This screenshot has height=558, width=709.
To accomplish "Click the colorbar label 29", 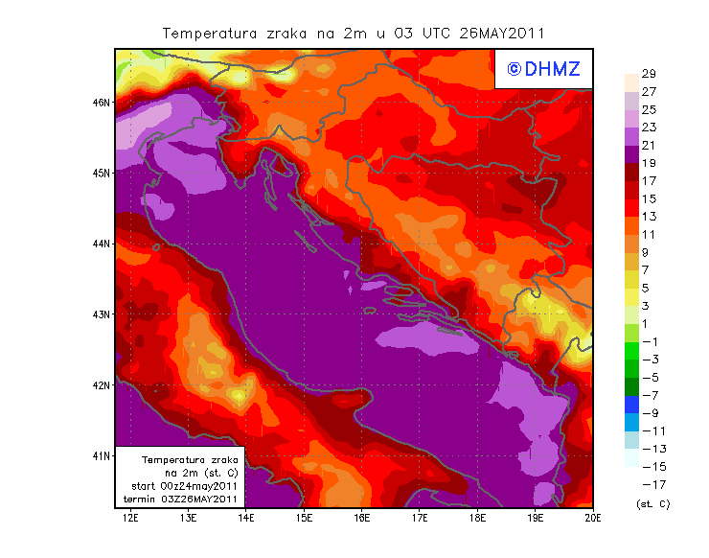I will coord(649,74).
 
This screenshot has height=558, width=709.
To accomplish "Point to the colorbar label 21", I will coord(649,146).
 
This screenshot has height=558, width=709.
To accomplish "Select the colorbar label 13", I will coord(649,217).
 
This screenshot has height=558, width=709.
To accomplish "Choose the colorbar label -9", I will coord(649,413).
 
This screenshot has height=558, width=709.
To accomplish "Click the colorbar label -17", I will coord(649,484).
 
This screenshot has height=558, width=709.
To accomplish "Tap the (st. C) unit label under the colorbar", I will coord(652,502).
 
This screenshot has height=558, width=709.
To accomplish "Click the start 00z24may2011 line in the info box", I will coord(184,486).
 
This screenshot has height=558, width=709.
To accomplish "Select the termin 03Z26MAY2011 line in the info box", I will coord(184,499).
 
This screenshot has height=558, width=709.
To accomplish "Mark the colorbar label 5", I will coord(649,288).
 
